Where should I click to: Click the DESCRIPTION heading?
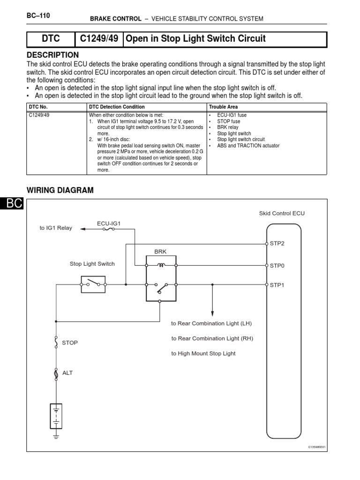(52, 55)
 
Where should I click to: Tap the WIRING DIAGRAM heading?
(60, 190)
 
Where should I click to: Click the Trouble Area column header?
(223, 107)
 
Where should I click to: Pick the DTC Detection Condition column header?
(117, 107)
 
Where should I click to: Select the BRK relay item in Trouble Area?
(228, 127)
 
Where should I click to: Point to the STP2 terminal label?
(277, 244)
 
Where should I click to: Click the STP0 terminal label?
(277, 265)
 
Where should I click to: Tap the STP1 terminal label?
(277, 284)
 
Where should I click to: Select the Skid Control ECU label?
(282, 213)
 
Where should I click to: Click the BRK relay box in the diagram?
(160, 277)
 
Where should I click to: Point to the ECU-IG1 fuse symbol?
(109, 230)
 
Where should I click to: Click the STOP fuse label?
(70, 343)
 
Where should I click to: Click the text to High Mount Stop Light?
(203, 353)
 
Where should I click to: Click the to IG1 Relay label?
(56, 228)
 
